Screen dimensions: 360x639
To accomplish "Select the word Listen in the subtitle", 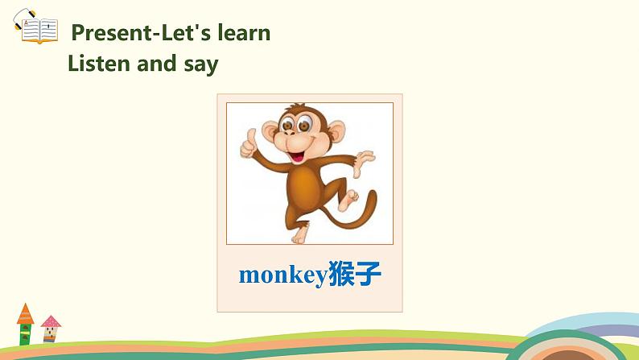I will pos(100,63).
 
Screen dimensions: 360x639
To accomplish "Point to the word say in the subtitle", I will pos(202,64).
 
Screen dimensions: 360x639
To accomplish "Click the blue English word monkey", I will pos(282,275).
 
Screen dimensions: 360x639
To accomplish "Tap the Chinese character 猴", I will pos(341,275).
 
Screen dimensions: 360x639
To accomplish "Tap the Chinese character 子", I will pos(368,275).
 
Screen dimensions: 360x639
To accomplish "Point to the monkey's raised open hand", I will pos(365,158).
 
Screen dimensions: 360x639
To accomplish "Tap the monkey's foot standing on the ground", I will pos(299,235).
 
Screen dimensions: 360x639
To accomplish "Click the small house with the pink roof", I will pos(51,329).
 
